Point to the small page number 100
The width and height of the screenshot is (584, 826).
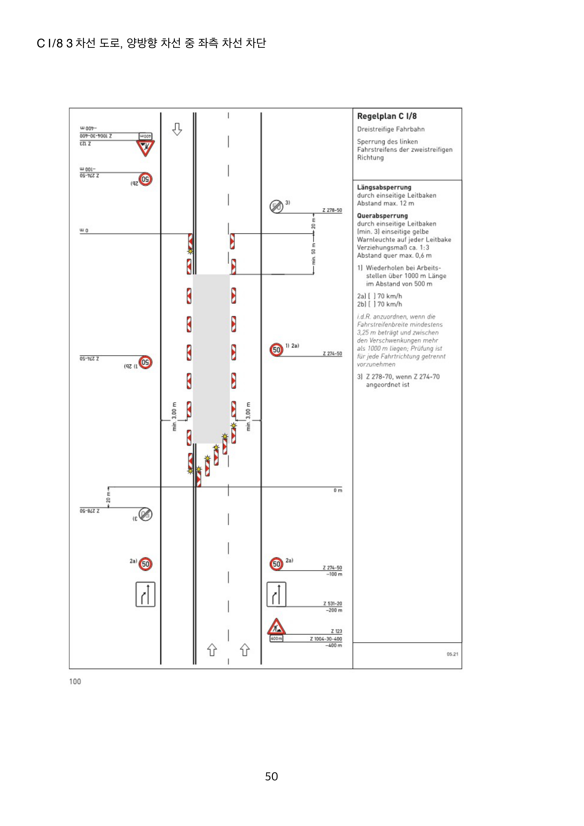75,681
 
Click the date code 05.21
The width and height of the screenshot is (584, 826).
452,654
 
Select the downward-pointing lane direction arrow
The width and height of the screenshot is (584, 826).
177,129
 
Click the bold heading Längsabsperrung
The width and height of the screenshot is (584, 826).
384,187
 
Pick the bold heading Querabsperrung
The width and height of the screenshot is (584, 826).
382,216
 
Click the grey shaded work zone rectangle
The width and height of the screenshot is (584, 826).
211,358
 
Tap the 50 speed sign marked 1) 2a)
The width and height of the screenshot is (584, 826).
276,350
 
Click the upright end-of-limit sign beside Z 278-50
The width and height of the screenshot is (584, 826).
276,207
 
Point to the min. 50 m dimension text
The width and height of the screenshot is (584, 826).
313,257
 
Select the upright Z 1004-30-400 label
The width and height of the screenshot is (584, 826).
326,639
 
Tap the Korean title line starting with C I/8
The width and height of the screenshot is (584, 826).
151,43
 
